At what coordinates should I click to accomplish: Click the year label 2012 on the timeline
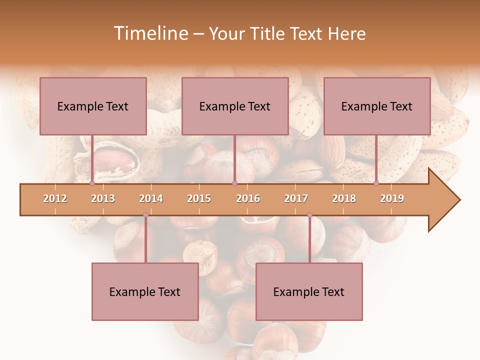(x=55, y=198)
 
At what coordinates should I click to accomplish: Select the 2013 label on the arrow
(x=103, y=198)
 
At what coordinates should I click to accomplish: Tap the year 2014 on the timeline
(x=151, y=198)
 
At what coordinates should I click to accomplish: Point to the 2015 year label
(x=199, y=198)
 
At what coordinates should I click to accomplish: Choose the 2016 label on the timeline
(x=248, y=198)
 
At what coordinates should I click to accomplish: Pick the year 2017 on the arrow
(x=296, y=198)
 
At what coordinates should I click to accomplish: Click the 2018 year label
(x=344, y=198)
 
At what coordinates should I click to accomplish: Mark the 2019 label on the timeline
(x=392, y=198)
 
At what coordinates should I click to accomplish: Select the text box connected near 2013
(x=93, y=106)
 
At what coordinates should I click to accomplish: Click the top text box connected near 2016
(x=235, y=106)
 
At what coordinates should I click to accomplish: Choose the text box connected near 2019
(x=377, y=106)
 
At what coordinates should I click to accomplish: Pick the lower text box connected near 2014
(x=145, y=291)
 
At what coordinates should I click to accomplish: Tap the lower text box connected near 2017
(x=309, y=291)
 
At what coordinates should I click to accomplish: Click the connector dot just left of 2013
(x=92, y=183)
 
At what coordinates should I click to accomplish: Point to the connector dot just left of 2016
(x=235, y=183)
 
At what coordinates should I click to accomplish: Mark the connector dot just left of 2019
(x=376, y=183)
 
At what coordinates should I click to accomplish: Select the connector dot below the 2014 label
(x=145, y=215)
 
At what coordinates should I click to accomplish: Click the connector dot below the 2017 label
(x=309, y=215)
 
